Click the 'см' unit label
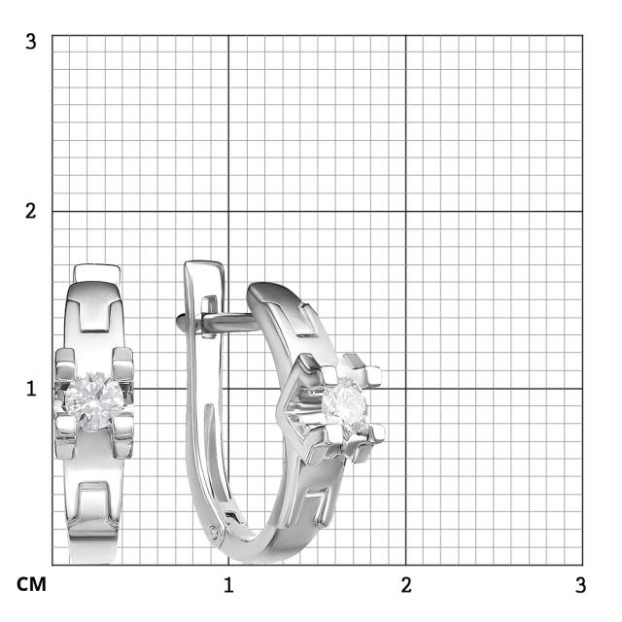click(31, 585)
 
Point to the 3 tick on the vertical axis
click(30, 42)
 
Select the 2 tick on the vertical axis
click(30, 211)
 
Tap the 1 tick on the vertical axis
click(31, 389)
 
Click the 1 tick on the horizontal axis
click(228, 585)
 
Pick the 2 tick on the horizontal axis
click(406, 585)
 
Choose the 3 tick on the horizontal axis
click(581, 585)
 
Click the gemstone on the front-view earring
click(94, 400)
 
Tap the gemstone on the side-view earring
click(344, 403)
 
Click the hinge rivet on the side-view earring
click(214, 531)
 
